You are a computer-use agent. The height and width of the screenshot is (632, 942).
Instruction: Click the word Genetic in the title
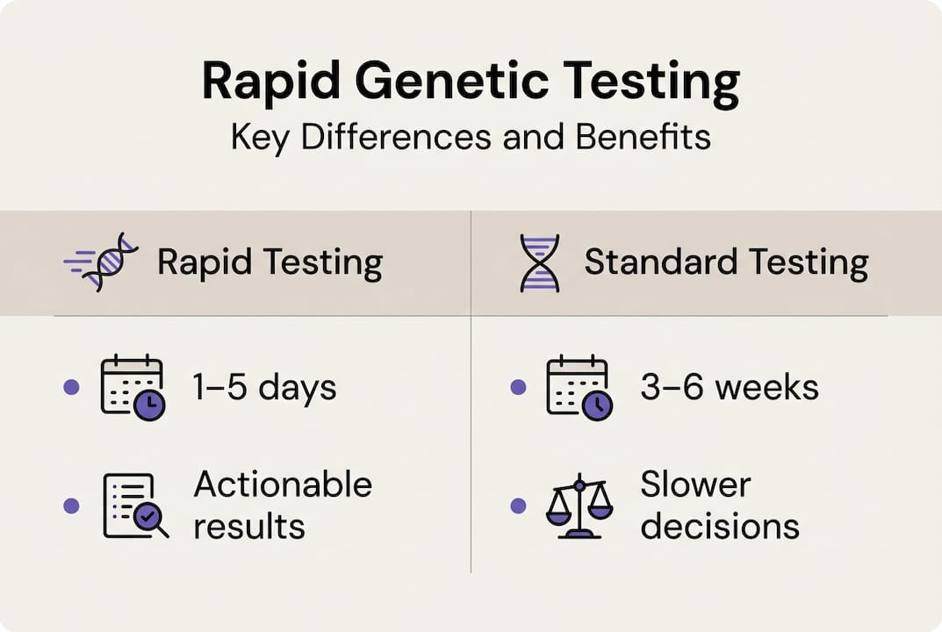[x=452, y=81]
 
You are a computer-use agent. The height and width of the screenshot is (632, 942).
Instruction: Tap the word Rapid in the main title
[x=271, y=83]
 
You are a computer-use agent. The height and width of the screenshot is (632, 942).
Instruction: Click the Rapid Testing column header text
[x=270, y=263]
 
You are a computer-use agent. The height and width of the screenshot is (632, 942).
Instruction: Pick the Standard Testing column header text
[x=726, y=263]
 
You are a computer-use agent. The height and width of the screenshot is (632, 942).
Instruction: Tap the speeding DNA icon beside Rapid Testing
[x=101, y=262]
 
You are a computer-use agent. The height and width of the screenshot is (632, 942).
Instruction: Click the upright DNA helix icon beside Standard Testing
[x=540, y=263]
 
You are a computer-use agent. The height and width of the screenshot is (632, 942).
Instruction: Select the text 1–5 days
[x=264, y=387]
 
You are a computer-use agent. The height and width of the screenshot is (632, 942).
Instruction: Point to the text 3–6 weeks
[x=730, y=387]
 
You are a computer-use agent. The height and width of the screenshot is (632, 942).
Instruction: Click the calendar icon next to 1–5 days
[x=133, y=387]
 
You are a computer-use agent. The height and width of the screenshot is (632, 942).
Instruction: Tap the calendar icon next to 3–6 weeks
[x=579, y=387]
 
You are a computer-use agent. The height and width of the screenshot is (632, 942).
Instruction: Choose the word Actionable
[x=283, y=485]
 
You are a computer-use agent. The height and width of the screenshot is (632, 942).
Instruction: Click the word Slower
[x=695, y=485]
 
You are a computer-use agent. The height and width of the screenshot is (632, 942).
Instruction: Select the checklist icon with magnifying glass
[x=136, y=506]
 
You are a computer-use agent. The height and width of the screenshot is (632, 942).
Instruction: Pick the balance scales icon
[x=579, y=506]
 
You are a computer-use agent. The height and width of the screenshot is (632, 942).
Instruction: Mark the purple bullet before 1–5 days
[x=71, y=387]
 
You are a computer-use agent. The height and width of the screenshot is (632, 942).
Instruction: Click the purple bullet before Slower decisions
[x=518, y=506]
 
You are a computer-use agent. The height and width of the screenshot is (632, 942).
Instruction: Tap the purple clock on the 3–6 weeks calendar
[x=597, y=406]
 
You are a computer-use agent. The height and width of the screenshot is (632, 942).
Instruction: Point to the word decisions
[x=720, y=527]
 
